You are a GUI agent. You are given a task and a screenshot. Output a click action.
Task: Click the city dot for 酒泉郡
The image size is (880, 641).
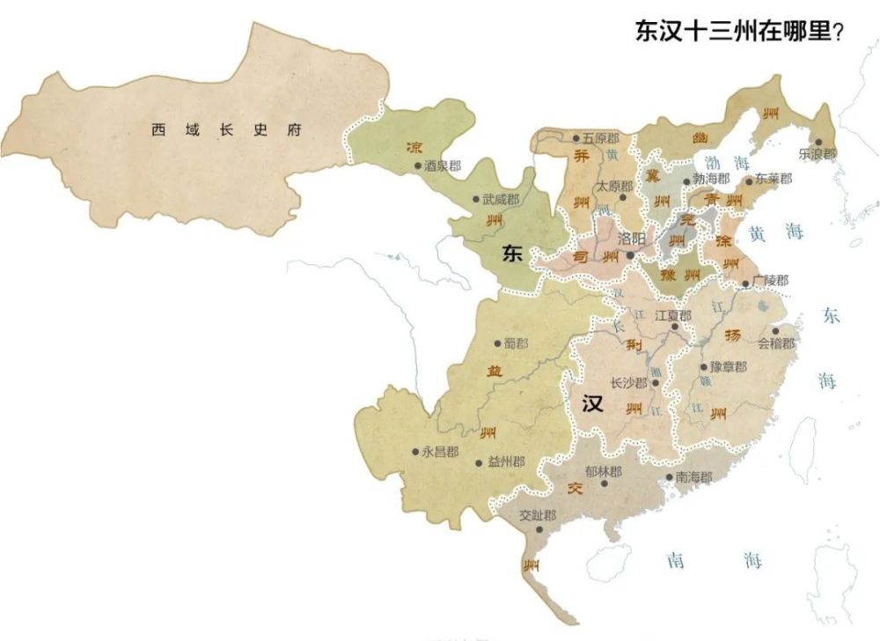418,165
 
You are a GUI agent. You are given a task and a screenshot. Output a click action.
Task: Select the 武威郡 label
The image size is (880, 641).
501,199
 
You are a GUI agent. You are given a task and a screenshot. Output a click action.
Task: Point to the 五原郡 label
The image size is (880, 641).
602,138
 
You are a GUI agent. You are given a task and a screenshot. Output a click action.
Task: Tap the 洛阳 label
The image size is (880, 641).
631,238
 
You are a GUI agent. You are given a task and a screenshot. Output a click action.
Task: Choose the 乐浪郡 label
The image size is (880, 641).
818,153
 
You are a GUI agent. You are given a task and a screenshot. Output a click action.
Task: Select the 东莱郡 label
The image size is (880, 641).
774,179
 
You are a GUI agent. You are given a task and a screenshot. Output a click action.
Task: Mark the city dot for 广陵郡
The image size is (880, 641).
745,284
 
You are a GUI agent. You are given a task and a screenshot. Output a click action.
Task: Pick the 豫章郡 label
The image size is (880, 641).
729,366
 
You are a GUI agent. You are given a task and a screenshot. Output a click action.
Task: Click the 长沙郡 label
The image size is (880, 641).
628,383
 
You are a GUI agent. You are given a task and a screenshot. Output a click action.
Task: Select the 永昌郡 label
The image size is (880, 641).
440,452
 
